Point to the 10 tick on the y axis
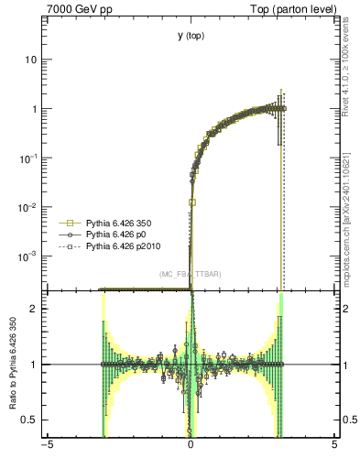(x=33, y=60)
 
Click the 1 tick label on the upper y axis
(x=36, y=109)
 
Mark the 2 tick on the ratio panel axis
(x=36, y=309)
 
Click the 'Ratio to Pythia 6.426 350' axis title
(x=12, y=364)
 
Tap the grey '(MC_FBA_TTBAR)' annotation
(x=190, y=275)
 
